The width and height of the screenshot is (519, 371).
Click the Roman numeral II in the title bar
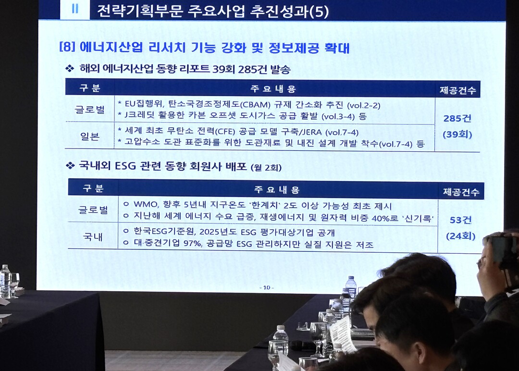pos(75,9)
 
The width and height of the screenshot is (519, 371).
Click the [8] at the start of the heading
pos(67,46)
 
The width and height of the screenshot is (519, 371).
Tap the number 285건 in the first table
pos(457,118)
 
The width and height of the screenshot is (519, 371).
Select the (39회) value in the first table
pos(457,134)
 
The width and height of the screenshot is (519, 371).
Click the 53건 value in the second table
pos(460,220)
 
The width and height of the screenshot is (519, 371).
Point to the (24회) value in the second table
pos(460,236)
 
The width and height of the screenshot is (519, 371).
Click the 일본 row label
pos(90,136)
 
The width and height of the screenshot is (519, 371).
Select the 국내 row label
pos(93,236)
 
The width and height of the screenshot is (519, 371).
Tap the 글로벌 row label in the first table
pos(90,109)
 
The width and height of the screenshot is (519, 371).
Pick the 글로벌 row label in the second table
pos(93,210)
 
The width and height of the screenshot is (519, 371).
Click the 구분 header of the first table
pos(90,87)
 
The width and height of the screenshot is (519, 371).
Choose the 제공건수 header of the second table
pos(461,192)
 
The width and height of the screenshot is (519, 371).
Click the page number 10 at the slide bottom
pos(266,287)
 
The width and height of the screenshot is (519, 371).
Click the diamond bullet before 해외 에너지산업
pos(70,69)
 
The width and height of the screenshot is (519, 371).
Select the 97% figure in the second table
pos(193,243)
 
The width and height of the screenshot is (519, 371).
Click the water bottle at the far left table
pos(5,281)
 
